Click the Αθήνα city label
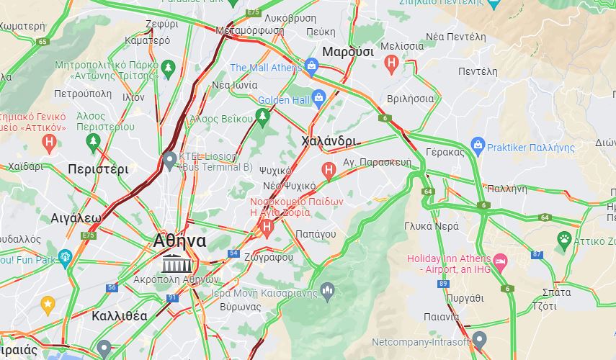coord(180,241)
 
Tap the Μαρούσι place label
coord(347,52)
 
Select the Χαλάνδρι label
coord(329,140)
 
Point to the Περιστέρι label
coord(98,169)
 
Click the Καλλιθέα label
coord(120,315)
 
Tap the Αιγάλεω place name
coord(76,217)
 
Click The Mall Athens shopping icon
coord(312,68)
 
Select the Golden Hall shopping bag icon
coord(318,99)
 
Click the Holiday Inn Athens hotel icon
coord(500,259)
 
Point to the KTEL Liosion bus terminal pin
coord(169,160)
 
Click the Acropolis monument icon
coord(173,263)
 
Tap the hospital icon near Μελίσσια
coord(392,64)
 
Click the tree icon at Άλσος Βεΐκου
coord(262,116)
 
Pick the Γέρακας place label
coord(445,152)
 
